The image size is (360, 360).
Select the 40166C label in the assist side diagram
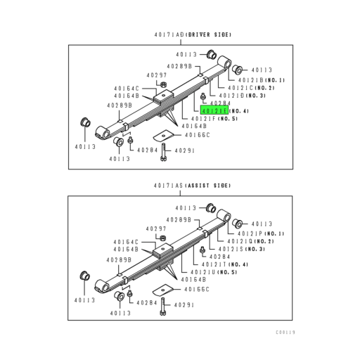[198, 288]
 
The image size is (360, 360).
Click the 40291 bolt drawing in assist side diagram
[163, 304]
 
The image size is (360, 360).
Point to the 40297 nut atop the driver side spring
[161, 85]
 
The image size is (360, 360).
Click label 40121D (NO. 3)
[240, 96]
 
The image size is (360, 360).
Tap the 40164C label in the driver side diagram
[127, 88]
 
